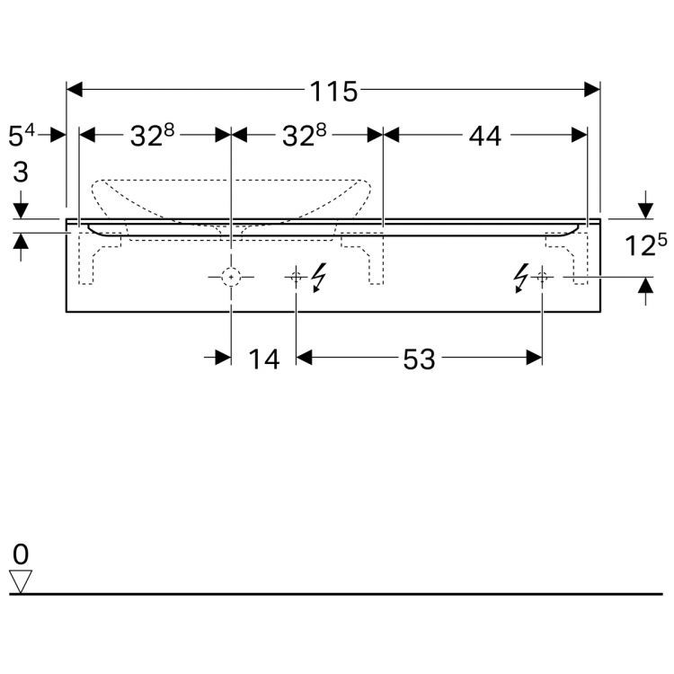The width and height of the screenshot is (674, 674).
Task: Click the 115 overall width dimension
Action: pyautogui.click(x=333, y=91)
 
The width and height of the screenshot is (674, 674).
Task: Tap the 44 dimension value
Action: pyautogui.click(x=485, y=137)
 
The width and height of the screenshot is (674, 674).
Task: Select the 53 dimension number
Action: pyautogui.click(x=419, y=359)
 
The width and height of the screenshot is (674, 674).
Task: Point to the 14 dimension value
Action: pyautogui.click(x=264, y=359)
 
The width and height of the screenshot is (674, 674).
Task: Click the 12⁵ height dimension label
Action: pyautogui.click(x=645, y=244)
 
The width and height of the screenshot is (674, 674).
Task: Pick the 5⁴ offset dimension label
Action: pyautogui.click(x=22, y=135)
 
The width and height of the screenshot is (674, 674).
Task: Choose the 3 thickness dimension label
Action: pyautogui.click(x=21, y=172)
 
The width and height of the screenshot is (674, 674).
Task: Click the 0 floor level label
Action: pyautogui.click(x=21, y=554)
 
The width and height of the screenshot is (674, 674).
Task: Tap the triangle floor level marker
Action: pyautogui.click(x=21, y=581)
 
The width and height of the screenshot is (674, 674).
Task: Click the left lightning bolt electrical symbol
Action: pyautogui.click(x=318, y=278)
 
